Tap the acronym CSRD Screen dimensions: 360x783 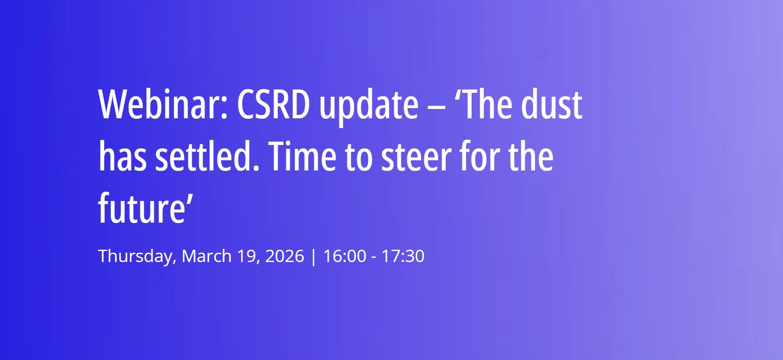point(273,105)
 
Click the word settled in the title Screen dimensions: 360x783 point(207,157)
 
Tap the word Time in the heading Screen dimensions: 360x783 point(302,157)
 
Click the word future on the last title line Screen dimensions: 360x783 point(142,209)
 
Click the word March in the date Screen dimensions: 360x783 point(207,256)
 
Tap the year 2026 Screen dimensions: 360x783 point(284,256)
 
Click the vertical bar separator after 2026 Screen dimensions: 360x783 point(313,257)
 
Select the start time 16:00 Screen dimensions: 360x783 point(344,256)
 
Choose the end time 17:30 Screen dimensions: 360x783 point(403,256)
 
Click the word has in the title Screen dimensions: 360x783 point(123,157)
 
